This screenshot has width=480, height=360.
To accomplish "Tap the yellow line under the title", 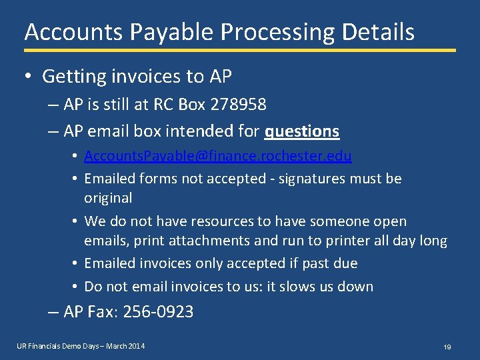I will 240,50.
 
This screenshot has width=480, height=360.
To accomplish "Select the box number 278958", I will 238,105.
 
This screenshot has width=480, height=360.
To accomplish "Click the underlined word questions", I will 302,131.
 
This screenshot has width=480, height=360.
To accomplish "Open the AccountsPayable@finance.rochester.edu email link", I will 218,156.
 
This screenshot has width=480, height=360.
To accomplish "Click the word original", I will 108,198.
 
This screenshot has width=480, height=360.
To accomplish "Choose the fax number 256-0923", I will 159,311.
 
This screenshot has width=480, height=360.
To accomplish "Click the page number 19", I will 447,347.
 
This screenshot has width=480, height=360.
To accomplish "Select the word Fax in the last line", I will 100,311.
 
